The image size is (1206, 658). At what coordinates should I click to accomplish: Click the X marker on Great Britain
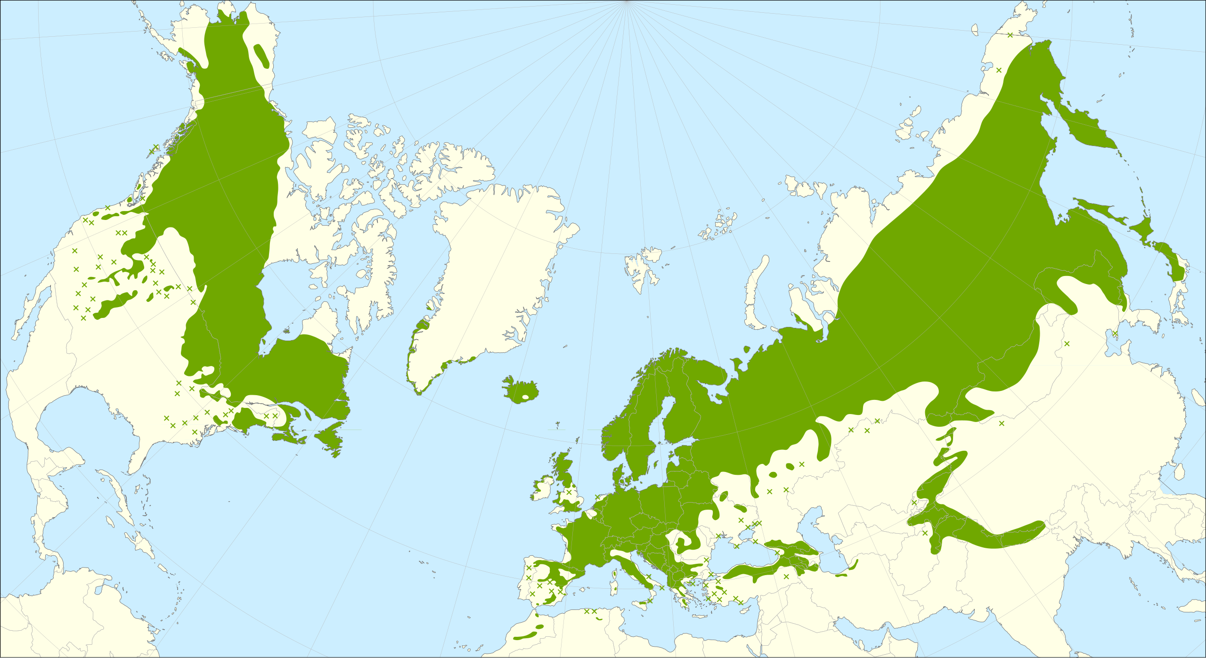tap(569, 492)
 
